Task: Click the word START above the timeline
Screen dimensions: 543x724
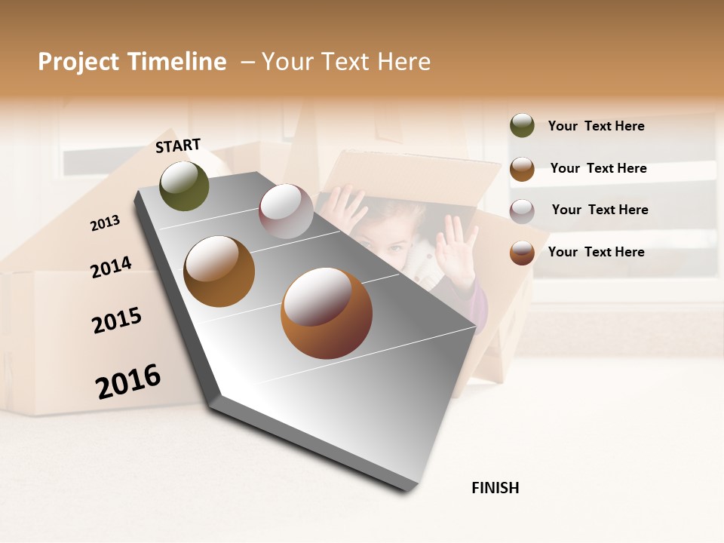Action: [178, 146]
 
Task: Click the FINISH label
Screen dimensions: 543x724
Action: [495, 488]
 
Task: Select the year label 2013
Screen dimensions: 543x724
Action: [106, 222]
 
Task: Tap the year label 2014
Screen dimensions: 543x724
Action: [111, 267]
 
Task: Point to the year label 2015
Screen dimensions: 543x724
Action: [117, 321]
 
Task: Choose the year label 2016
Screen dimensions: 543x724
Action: [128, 381]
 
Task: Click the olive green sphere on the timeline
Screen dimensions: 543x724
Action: [185, 186]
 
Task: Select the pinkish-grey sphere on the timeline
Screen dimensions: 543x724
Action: [286, 211]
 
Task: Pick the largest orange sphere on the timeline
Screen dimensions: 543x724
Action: [327, 313]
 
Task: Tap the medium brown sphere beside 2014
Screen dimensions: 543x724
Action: [219, 271]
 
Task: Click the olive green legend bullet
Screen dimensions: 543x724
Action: [522, 126]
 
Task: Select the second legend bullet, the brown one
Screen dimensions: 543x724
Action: [522, 169]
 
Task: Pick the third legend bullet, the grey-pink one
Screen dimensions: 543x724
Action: [522, 210]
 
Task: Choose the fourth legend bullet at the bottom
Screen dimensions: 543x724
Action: [522, 252]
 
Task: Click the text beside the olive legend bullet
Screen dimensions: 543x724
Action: [596, 126]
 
